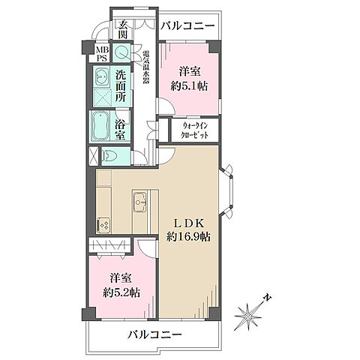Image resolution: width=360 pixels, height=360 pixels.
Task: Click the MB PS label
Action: pos(100,54)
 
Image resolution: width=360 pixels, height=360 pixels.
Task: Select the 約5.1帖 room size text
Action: pos(190,86)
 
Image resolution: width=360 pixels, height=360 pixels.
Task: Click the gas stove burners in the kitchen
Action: pos(103,223)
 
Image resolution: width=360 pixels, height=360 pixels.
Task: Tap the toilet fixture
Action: pos(111,157)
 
